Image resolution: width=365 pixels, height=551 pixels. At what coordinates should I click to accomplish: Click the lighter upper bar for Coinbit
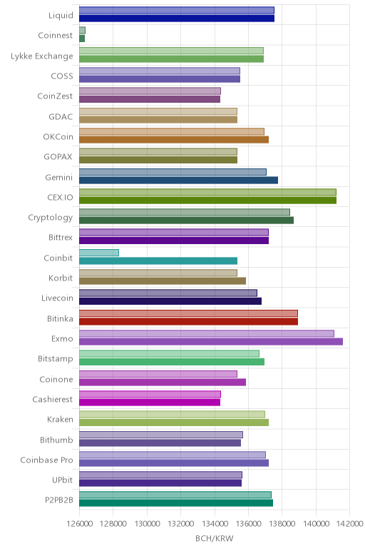click(x=99, y=253)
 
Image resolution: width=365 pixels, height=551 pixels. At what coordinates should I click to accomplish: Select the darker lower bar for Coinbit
click(x=158, y=261)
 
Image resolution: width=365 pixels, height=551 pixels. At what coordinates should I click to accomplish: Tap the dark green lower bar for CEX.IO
click(x=207, y=201)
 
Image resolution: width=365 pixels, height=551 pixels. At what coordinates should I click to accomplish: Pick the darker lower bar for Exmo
click(x=211, y=342)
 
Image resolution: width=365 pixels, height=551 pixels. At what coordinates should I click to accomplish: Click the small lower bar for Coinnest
click(x=82, y=39)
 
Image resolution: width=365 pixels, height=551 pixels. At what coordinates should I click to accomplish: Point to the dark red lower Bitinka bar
click(x=188, y=321)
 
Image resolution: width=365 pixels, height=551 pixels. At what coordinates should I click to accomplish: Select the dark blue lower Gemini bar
click(x=179, y=181)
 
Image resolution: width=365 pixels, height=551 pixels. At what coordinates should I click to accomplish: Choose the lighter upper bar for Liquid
click(x=177, y=10)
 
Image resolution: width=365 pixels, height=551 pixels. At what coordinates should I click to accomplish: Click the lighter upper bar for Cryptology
click(x=185, y=212)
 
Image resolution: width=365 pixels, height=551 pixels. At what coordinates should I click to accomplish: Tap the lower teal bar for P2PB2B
click(x=176, y=503)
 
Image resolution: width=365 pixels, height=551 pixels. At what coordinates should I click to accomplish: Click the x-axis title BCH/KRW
click(x=214, y=538)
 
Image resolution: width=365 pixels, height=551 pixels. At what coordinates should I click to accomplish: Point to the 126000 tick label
click(x=80, y=524)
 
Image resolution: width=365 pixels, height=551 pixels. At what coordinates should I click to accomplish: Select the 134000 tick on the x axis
click(x=215, y=524)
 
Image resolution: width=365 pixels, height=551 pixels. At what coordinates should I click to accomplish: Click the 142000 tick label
click(x=349, y=524)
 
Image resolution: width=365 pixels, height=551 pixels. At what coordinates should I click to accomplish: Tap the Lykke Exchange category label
click(x=42, y=56)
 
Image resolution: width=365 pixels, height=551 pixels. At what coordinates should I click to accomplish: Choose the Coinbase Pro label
click(x=46, y=460)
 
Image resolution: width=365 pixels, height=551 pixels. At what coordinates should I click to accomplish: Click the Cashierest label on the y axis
click(x=53, y=400)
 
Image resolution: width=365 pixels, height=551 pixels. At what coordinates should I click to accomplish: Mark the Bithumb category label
click(x=56, y=440)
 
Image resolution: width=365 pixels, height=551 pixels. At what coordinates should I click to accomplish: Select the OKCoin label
click(x=58, y=137)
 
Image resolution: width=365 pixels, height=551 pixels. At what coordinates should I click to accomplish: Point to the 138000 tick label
click(x=282, y=524)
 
